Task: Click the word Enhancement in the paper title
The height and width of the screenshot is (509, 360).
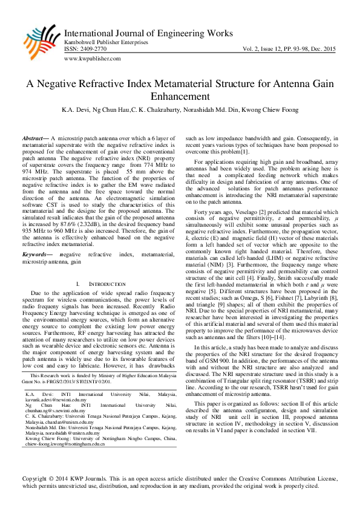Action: pyautogui.click(x=180, y=97)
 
